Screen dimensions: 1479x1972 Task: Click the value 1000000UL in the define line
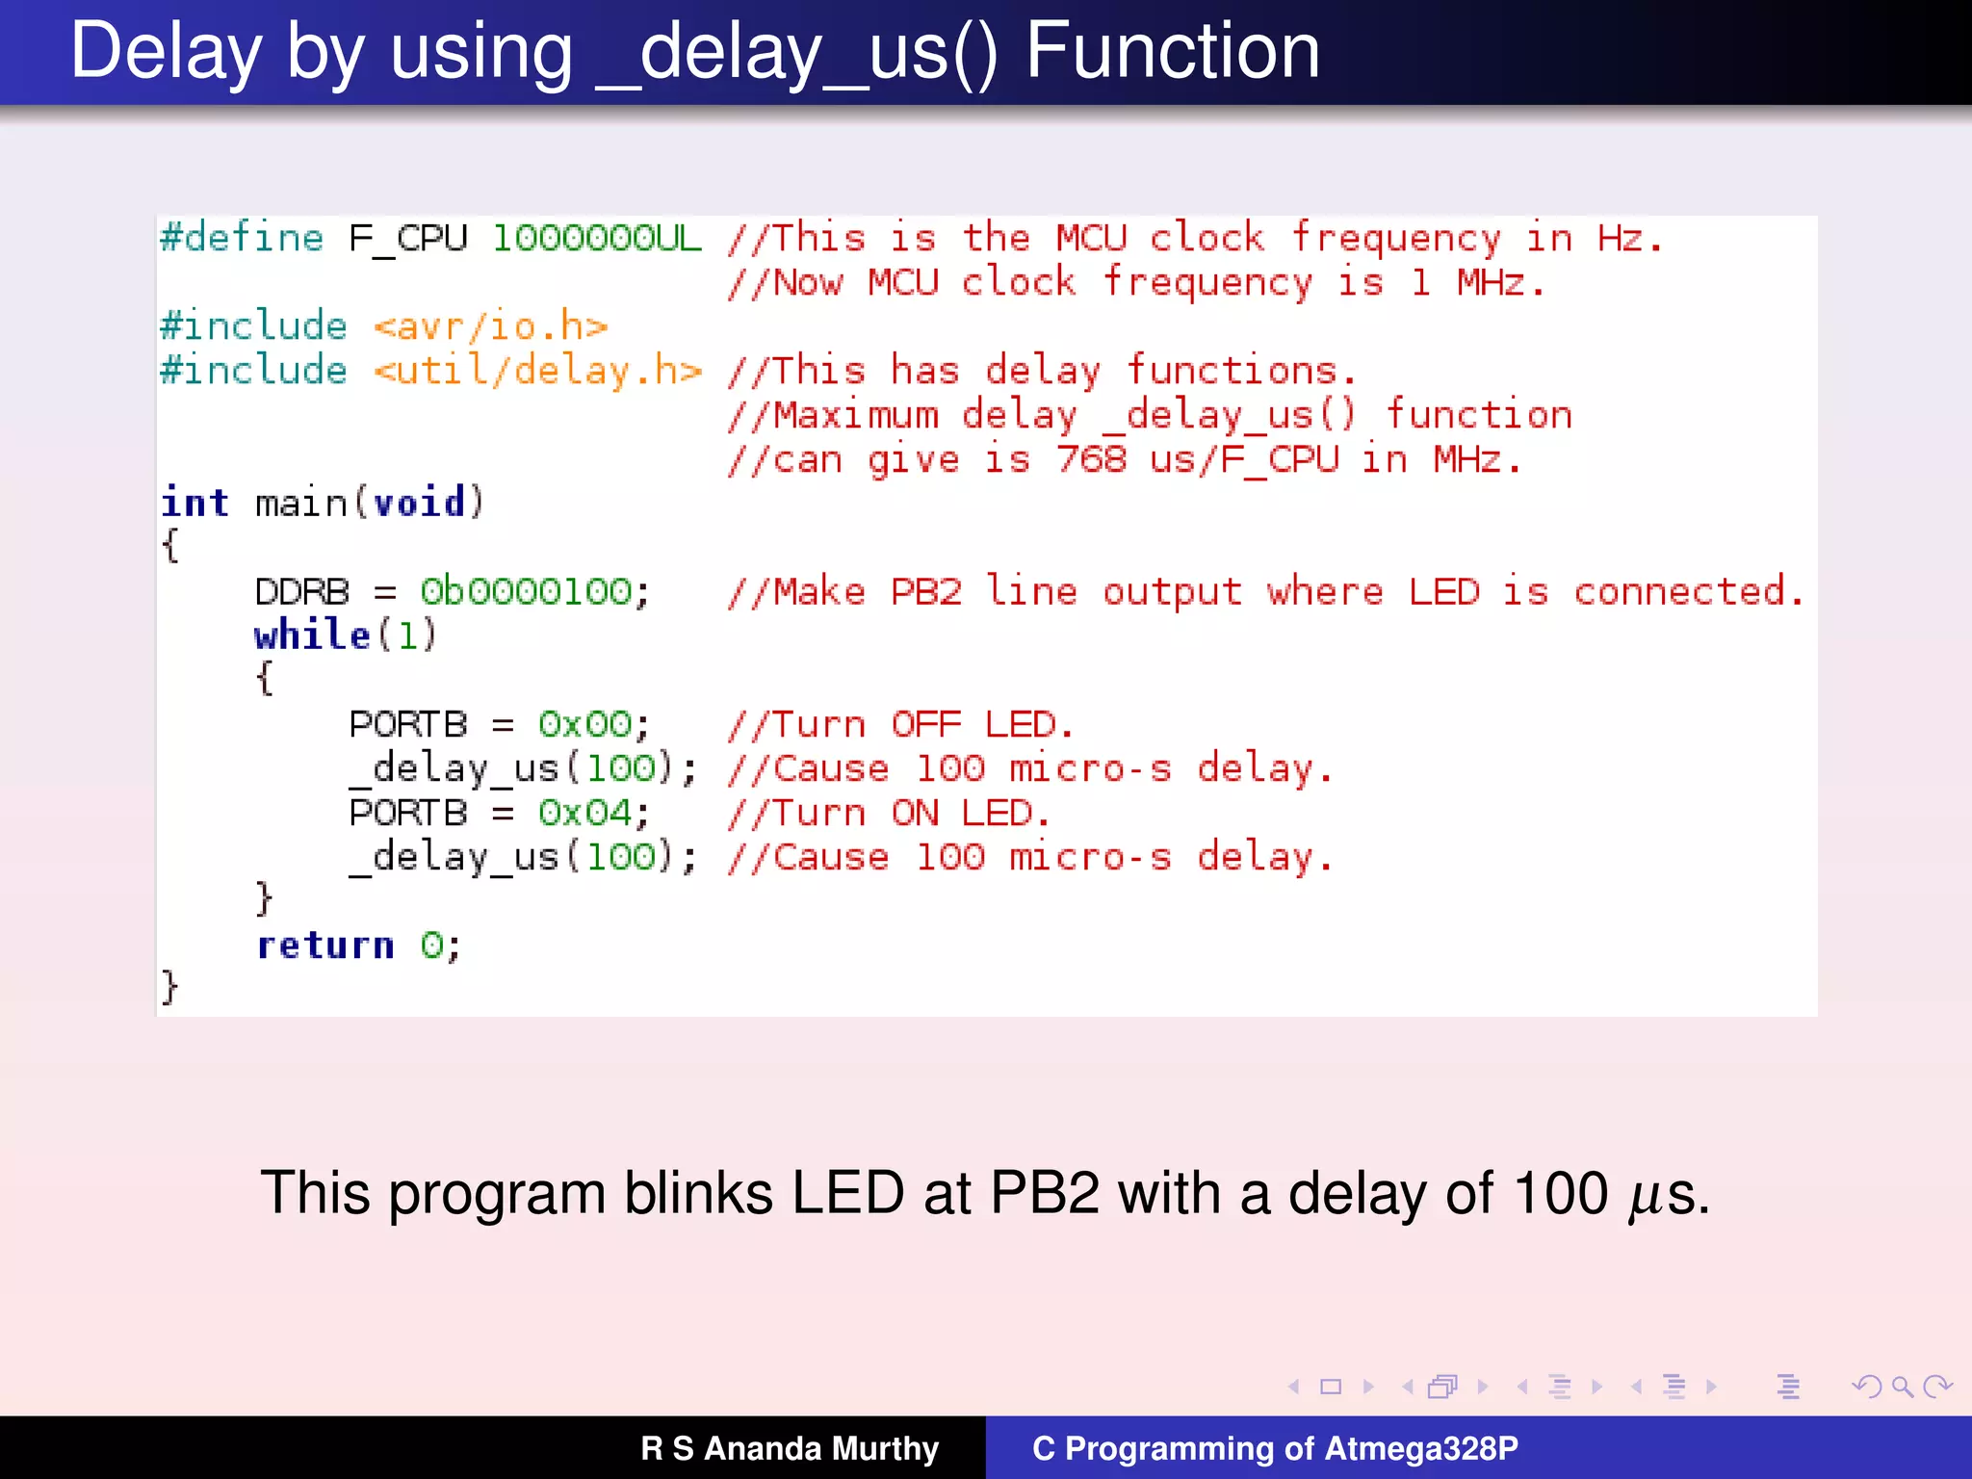[597, 238]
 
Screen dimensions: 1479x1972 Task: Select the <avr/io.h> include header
[491, 327]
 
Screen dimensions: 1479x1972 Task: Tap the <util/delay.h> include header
[537, 372]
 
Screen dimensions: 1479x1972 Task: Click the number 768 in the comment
[1091, 459]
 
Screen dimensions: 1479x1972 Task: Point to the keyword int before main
[195, 503]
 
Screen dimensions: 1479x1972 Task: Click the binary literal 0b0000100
[526, 591]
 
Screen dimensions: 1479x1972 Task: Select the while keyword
[312, 636]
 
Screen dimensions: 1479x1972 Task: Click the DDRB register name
[301, 591]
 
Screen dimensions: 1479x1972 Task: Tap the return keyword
[325, 946]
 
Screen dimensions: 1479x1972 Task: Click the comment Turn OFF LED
[900, 724]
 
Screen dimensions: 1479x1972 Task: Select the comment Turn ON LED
[888, 813]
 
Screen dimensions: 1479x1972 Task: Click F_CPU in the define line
[408, 238]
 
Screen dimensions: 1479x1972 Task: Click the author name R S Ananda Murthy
[790, 1448]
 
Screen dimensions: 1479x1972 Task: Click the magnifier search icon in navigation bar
[1902, 1387]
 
